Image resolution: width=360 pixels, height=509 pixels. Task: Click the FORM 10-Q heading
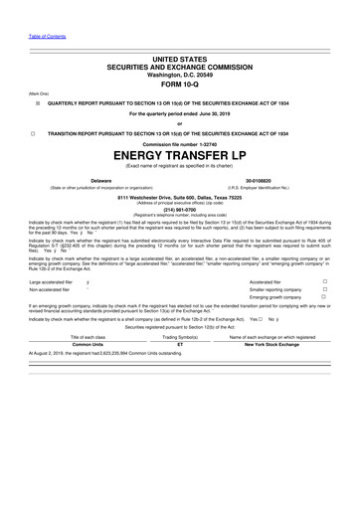tap(180, 84)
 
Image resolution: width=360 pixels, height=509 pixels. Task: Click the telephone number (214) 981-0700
tap(180, 210)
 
